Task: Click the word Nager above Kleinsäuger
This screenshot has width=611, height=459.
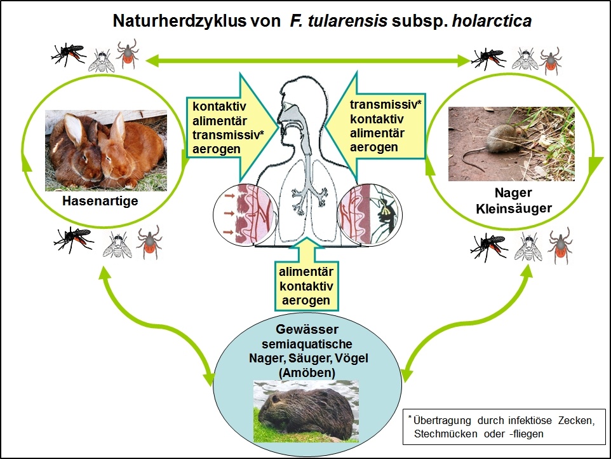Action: point(512,193)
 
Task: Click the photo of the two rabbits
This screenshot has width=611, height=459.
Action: point(105,150)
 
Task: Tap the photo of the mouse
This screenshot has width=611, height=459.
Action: point(511,144)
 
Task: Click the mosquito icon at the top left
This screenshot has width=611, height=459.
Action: point(68,53)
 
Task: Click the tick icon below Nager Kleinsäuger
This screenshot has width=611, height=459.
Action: point(560,247)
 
